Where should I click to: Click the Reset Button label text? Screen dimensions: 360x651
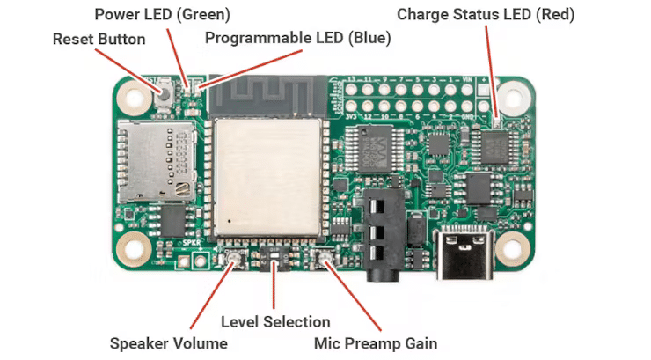pyautogui.click(x=99, y=40)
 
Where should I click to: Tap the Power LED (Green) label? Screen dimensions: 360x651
pyautogui.click(x=162, y=14)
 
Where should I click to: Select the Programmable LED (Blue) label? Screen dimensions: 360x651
pyautogui.click(x=297, y=38)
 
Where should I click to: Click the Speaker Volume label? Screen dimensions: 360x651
pyautogui.click(x=168, y=342)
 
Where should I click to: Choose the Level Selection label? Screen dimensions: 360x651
pyautogui.click(x=275, y=321)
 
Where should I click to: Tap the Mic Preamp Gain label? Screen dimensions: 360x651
pyautogui.click(x=376, y=342)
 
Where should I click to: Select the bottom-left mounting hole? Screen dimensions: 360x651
pyautogui.click(x=135, y=251)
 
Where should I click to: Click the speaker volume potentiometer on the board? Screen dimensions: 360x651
pyautogui.click(x=234, y=260)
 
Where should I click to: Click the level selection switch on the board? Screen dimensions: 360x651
pyautogui.click(x=274, y=261)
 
